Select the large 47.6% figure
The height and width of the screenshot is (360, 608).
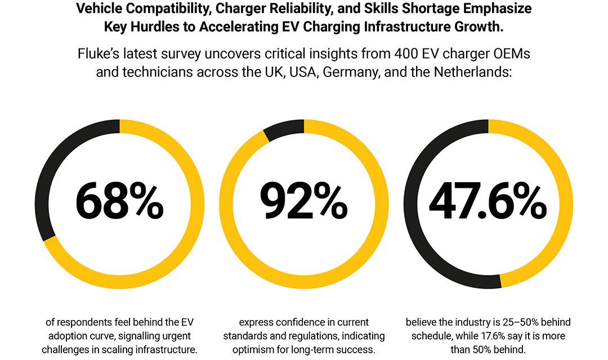click(488, 202)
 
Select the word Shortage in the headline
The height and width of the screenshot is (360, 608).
click(439, 9)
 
